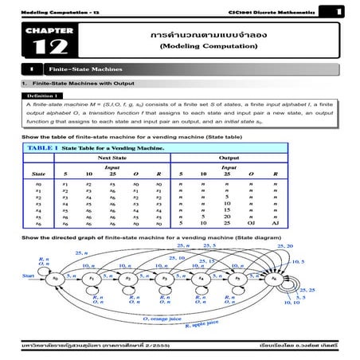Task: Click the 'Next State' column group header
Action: pyautogui.click(x=112, y=158)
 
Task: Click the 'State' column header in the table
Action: pyautogui.click(x=38, y=173)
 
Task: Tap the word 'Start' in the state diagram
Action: pyautogui.click(x=29, y=278)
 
